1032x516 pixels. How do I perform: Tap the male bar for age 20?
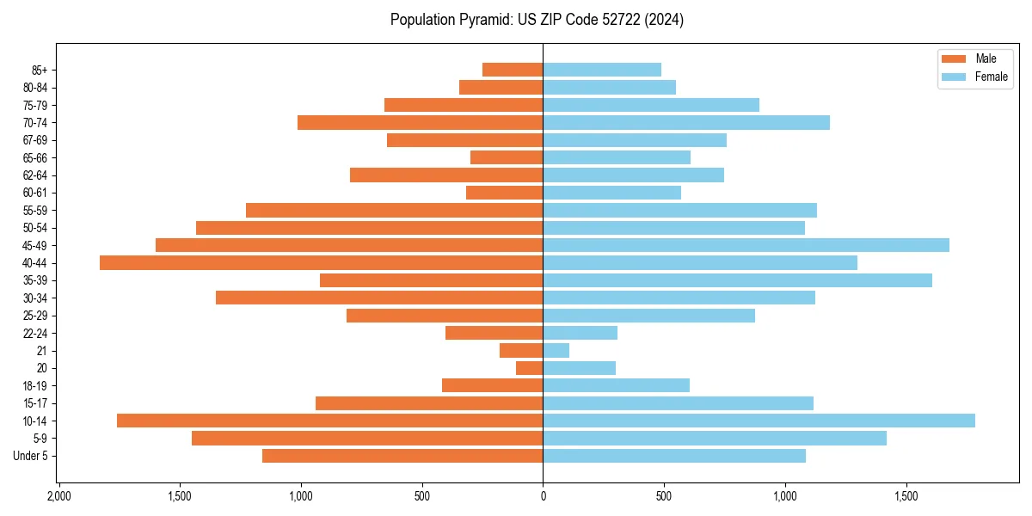click(x=529, y=368)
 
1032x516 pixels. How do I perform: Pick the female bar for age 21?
click(x=556, y=350)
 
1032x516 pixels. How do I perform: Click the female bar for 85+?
click(x=602, y=70)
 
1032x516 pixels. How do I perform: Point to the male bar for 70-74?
click(x=420, y=122)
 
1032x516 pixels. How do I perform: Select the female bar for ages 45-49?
click(x=746, y=245)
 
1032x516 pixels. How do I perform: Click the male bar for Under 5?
click(x=402, y=456)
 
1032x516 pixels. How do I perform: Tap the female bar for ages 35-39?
click(x=737, y=280)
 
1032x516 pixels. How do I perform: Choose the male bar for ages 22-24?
click(x=494, y=333)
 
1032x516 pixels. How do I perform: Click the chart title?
click(x=537, y=20)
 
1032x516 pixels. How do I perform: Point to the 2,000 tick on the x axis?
click(x=58, y=496)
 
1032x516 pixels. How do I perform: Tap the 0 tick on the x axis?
click(x=543, y=496)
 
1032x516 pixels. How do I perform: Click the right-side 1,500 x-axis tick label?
click(x=906, y=496)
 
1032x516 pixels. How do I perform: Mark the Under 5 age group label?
click(x=30, y=456)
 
